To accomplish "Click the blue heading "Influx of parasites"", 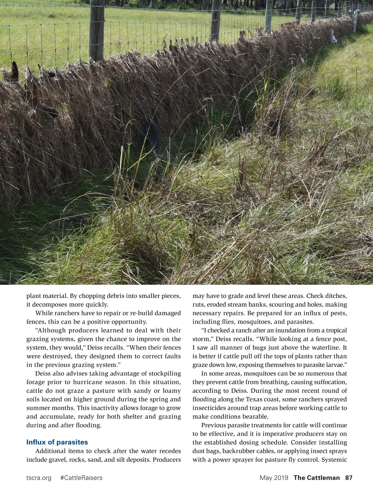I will (57, 442).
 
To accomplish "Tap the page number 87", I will (349, 478).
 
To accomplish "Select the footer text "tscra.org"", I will (39, 478).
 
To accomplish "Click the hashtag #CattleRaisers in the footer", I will (81, 478).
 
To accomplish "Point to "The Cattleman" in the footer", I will (317, 478).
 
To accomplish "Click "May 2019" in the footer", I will (274, 478).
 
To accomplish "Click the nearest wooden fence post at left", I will (97, 31).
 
